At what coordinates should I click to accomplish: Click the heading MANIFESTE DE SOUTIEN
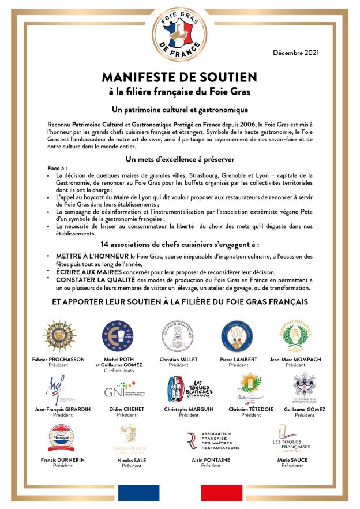point(179,77)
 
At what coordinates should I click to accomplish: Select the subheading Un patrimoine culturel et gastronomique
point(179,109)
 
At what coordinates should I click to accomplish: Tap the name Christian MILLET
point(179,359)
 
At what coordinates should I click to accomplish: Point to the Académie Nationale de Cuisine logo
point(295,335)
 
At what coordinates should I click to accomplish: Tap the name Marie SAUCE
point(292,460)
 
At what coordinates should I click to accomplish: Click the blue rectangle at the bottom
point(138,493)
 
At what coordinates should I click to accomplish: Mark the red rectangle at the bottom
point(222,493)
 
